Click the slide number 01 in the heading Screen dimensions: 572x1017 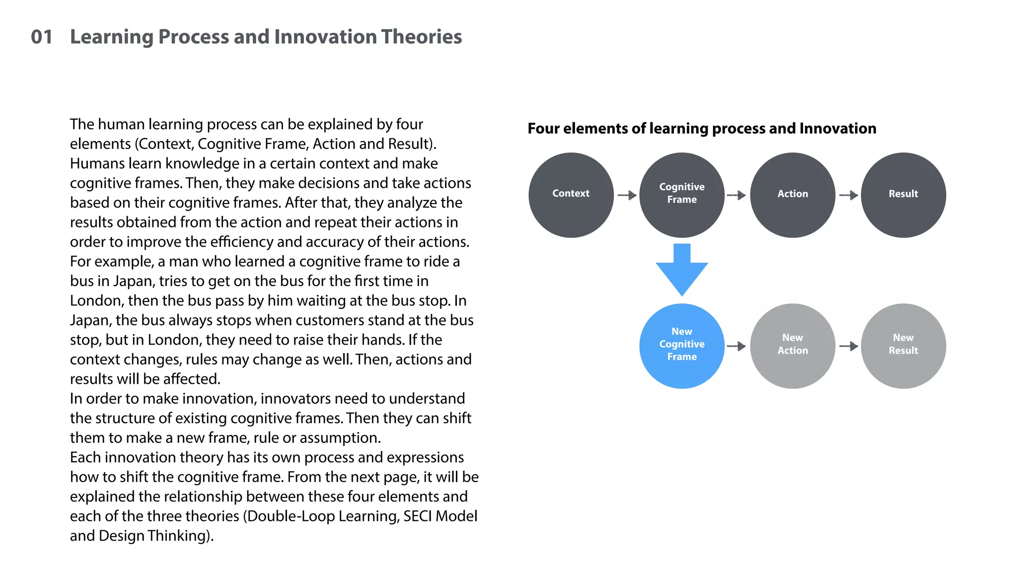point(42,37)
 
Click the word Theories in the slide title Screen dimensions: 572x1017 point(422,37)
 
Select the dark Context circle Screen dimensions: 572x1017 point(571,195)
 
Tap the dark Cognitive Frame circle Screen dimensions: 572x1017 point(682,195)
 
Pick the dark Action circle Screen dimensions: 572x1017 point(793,195)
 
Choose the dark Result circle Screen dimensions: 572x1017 point(903,195)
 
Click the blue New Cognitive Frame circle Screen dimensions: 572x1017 point(682,346)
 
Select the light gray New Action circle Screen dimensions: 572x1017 point(793,346)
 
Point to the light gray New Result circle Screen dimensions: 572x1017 point(903,346)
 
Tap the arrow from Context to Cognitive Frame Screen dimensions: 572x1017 point(627,195)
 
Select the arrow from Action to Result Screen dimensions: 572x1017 point(849,195)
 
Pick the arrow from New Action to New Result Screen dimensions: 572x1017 point(849,346)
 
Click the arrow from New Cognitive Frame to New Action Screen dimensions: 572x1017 point(736,346)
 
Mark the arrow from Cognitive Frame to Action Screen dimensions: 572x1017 point(736,195)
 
